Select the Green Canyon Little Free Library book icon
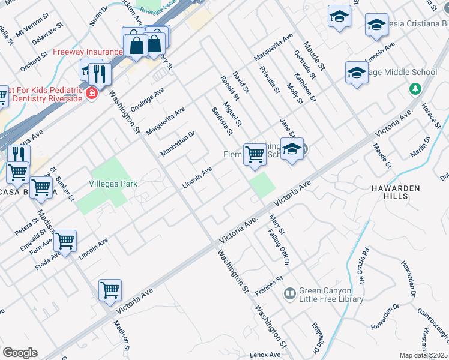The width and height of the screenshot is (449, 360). click(x=290, y=293)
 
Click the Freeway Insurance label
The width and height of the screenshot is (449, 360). click(x=87, y=52)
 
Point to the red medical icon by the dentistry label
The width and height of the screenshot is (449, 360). click(x=91, y=93)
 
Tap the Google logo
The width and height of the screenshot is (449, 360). click(x=20, y=353)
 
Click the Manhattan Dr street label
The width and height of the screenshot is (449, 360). click(x=178, y=144)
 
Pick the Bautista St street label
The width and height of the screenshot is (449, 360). click(x=221, y=121)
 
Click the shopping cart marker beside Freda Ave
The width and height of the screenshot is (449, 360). click(x=65, y=241)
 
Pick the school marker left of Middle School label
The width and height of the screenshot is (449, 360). click(x=357, y=73)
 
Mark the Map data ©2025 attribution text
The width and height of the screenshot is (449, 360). click(x=424, y=355)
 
